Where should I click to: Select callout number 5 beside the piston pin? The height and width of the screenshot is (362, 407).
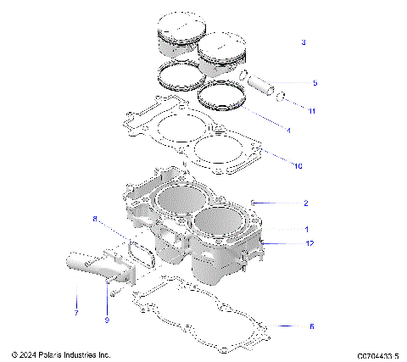(x=314, y=83)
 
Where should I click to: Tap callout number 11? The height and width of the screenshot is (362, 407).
(x=312, y=111)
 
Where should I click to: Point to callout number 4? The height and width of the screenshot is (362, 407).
(x=288, y=131)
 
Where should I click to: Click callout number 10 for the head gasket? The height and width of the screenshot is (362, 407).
(x=297, y=166)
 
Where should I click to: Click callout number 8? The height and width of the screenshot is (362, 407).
(x=95, y=219)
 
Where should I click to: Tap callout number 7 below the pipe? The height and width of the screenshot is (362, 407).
(x=75, y=312)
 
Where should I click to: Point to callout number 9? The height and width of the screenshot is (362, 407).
(x=107, y=320)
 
